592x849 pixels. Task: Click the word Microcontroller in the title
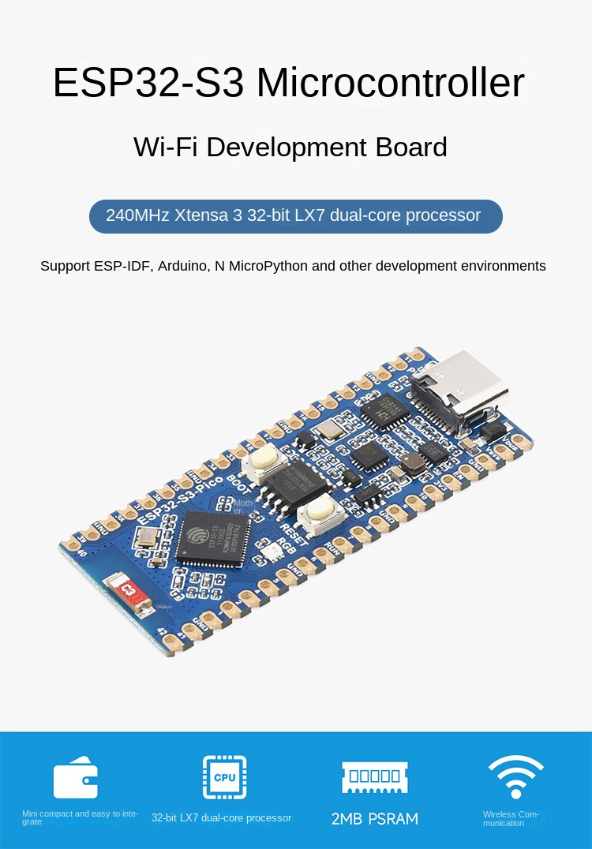click(390, 83)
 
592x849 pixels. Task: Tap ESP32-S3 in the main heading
click(148, 83)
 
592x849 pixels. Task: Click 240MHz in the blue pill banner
click(137, 215)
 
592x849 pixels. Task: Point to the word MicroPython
click(268, 266)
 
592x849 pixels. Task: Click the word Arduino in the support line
click(182, 266)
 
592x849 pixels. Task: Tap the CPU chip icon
click(224, 777)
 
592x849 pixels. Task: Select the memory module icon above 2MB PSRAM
click(374, 776)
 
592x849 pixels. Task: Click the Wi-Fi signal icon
click(515, 776)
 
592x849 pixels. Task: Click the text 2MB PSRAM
click(374, 818)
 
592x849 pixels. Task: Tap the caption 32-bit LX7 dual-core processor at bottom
click(221, 818)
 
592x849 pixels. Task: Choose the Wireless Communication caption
click(511, 818)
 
